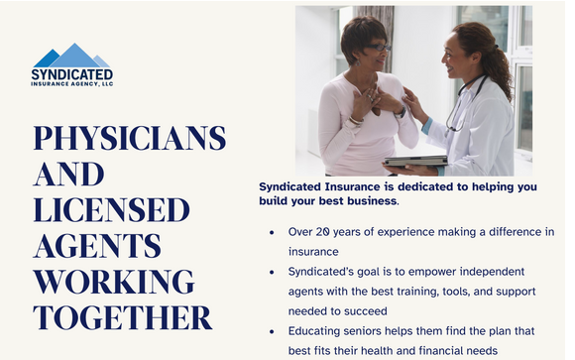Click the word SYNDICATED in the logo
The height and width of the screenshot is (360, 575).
tap(71, 74)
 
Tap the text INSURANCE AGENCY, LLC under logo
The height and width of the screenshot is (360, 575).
tap(71, 85)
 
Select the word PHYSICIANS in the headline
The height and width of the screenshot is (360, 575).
tap(129, 139)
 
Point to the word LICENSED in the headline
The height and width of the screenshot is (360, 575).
tap(111, 210)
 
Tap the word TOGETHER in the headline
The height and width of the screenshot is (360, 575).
tap(122, 317)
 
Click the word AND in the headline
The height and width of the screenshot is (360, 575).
tap(68, 175)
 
